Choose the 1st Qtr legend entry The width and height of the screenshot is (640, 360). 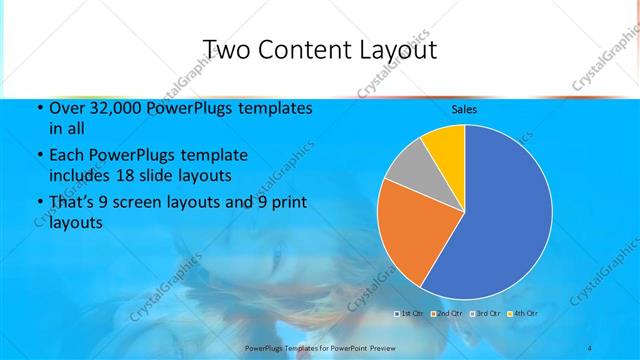point(411,314)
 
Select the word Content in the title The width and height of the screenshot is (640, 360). point(311,50)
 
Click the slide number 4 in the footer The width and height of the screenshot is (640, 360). point(589,347)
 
